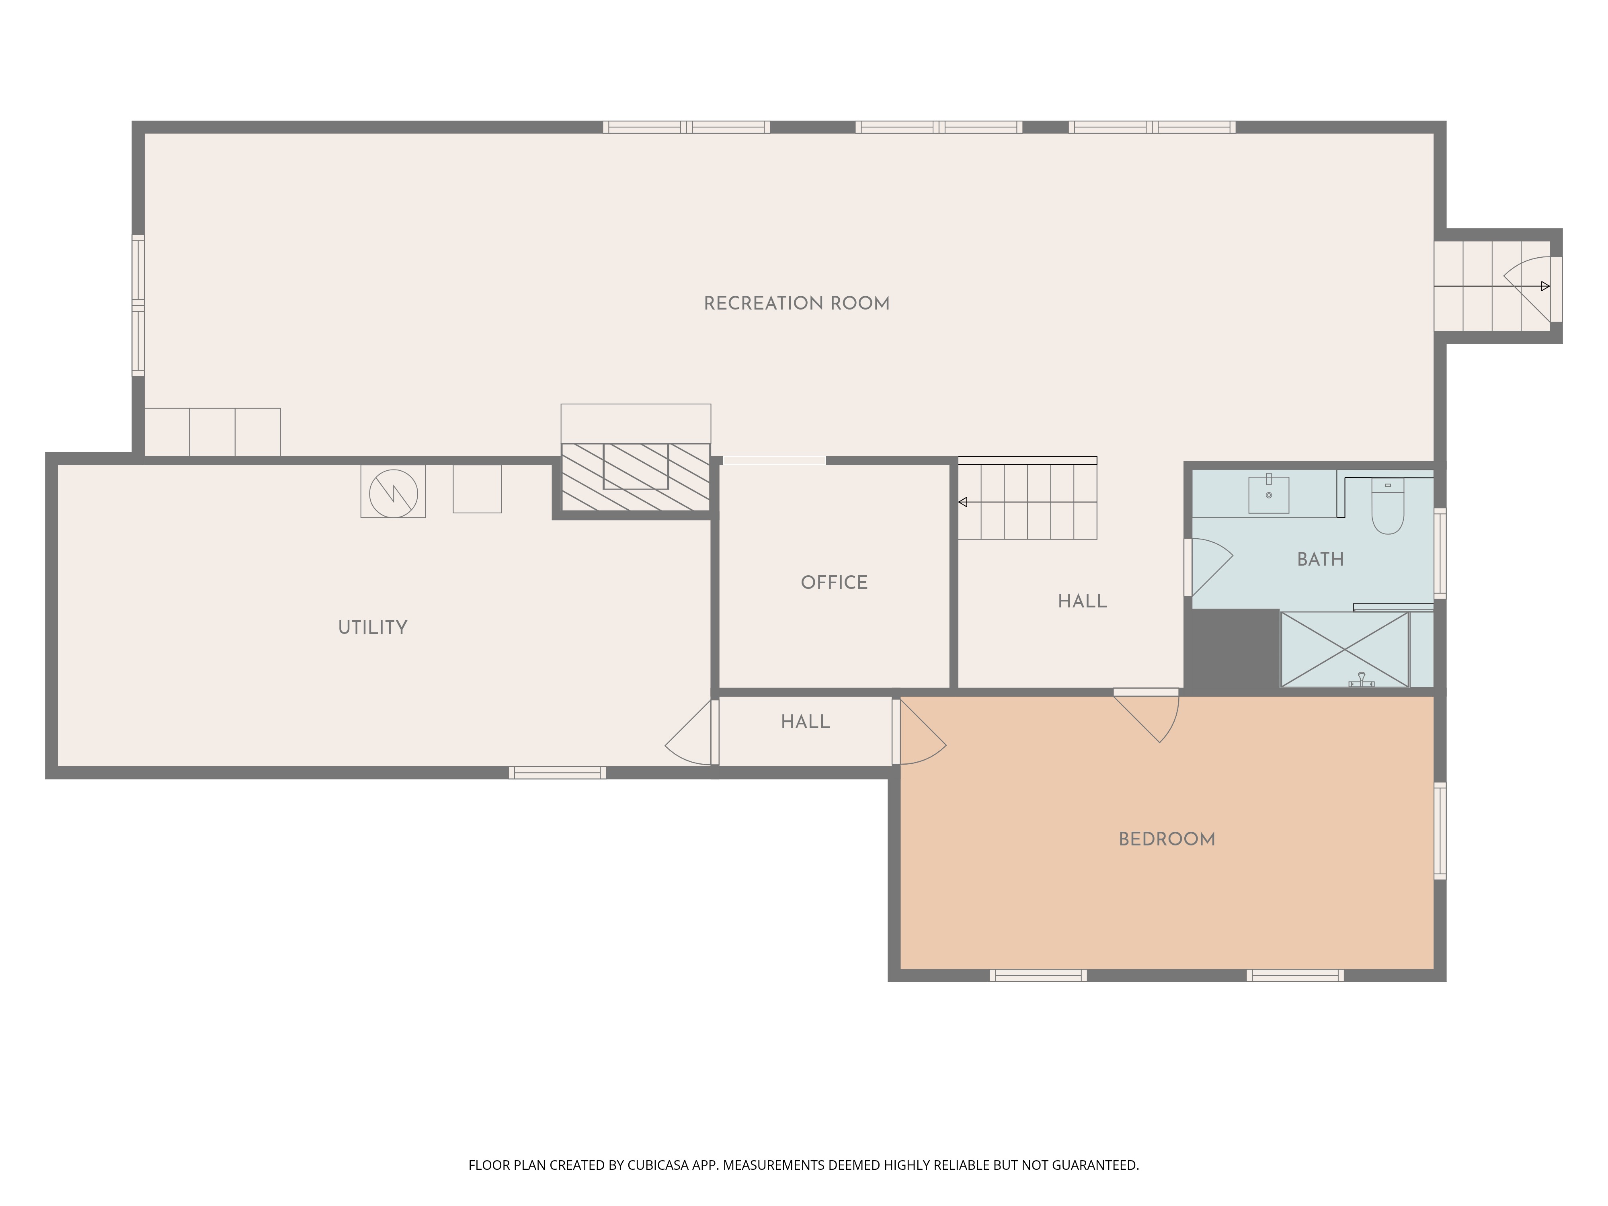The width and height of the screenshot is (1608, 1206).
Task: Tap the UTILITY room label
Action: pos(372,628)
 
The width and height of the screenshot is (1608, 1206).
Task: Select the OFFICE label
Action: pos(834,582)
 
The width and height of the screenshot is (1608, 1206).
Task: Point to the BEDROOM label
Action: pos(1166,840)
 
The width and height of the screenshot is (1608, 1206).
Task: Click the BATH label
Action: pos(1320,559)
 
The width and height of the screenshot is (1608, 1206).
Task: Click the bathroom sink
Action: pos(1269,495)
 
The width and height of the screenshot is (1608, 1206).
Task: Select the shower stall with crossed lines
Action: pos(1344,649)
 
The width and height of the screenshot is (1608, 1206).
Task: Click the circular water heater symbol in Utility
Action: pos(393,493)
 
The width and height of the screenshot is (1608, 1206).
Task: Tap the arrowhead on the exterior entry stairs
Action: pos(1545,286)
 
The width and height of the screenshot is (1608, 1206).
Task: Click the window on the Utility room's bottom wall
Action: pos(557,773)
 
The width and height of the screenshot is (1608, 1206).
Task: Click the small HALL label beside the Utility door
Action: pos(805,722)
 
